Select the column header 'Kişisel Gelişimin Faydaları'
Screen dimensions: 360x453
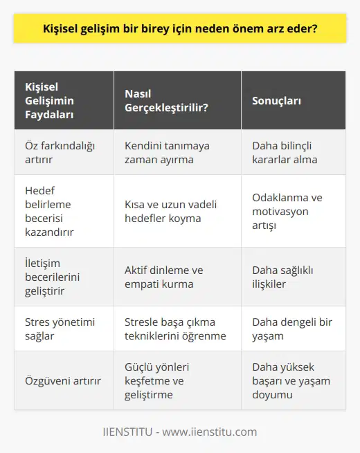49,100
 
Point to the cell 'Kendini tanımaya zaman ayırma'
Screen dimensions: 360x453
166,152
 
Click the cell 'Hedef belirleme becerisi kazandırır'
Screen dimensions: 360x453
49,211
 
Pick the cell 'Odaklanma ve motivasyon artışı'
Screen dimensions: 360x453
287,211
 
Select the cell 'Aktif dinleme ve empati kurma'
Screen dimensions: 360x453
169,277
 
